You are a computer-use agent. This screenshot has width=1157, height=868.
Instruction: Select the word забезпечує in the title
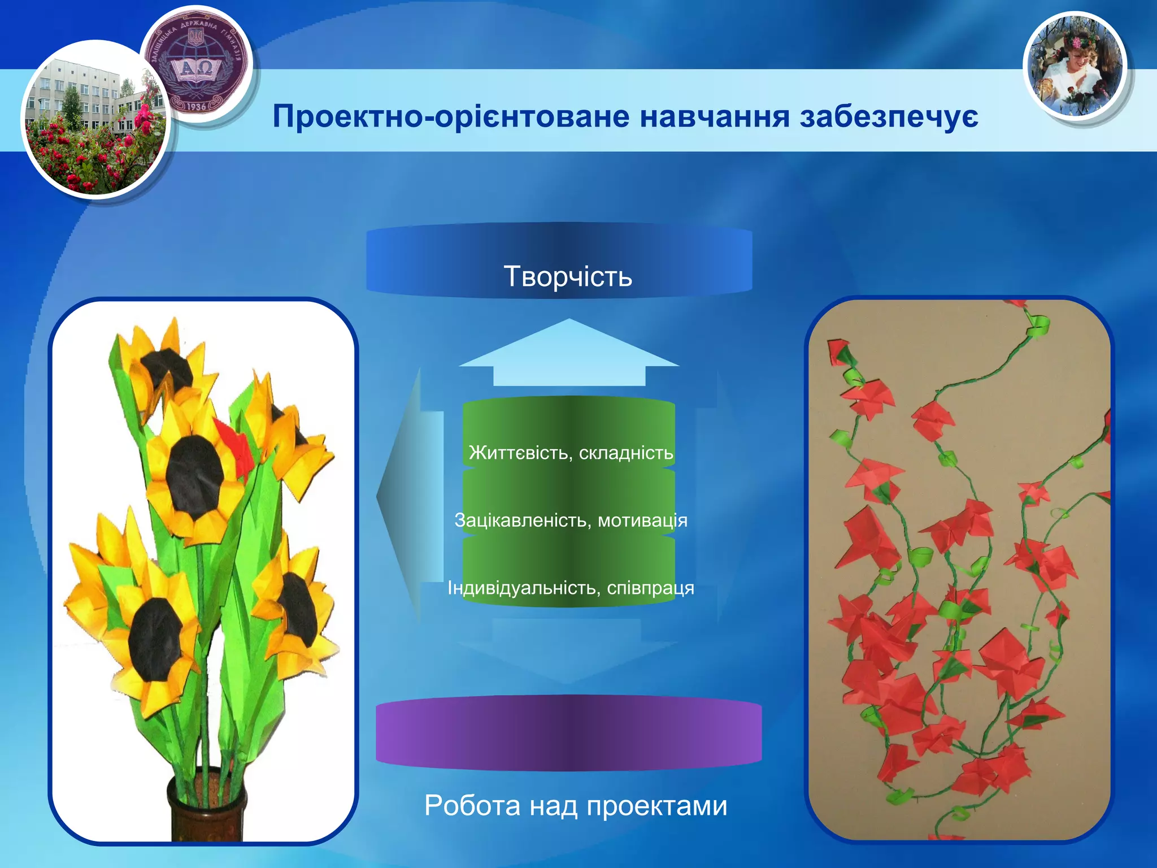point(889,117)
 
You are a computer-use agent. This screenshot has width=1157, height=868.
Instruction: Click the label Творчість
point(568,276)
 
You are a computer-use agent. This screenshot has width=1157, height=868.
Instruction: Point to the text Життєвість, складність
point(571,453)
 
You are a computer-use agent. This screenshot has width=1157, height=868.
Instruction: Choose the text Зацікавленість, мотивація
point(571,520)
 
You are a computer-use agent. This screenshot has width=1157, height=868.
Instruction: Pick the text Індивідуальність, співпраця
point(571,588)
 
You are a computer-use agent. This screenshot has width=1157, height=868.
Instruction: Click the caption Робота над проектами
point(576,805)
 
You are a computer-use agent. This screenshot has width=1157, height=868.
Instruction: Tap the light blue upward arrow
point(569,353)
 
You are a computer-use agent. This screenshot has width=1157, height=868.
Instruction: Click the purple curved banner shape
point(569,733)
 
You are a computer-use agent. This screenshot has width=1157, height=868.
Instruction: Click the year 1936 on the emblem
point(195,106)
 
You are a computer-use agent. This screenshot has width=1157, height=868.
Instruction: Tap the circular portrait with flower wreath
point(1075,67)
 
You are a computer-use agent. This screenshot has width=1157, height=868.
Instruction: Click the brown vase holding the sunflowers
point(206,808)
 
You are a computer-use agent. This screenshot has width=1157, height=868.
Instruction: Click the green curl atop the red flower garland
point(1038,327)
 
